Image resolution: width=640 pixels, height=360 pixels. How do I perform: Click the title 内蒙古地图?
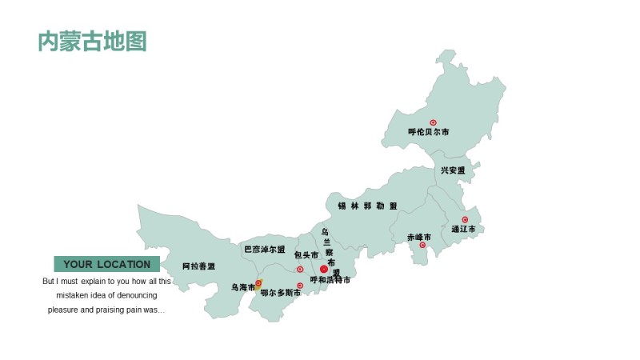(93, 42)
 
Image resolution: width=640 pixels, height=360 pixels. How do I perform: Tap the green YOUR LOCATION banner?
(107, 264)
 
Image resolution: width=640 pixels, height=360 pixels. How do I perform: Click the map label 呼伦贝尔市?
(428, 132)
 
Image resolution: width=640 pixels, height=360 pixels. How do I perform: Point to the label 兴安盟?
(452, 170)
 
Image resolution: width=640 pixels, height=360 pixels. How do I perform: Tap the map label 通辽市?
(463, 229)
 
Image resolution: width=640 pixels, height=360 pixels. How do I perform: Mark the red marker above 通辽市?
(465, 219)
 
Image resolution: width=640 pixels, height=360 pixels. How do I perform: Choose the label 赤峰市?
(418, 237)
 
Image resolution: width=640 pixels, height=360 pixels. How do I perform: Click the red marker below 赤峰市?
(422, 245)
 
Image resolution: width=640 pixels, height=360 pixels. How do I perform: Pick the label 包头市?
(306, 255)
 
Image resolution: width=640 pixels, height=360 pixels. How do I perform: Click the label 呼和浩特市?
(330, 280)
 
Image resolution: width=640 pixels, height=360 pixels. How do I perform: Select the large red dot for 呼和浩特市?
(324, 270)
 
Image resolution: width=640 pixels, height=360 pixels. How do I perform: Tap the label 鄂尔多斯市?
(281, 293)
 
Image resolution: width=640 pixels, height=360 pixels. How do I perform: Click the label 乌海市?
(243, 286)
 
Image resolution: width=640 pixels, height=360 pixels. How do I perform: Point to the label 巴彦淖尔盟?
(265, 249)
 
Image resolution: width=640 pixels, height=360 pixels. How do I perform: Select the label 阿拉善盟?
(198, 266)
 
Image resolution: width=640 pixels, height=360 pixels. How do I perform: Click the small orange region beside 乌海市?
(258, 284)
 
